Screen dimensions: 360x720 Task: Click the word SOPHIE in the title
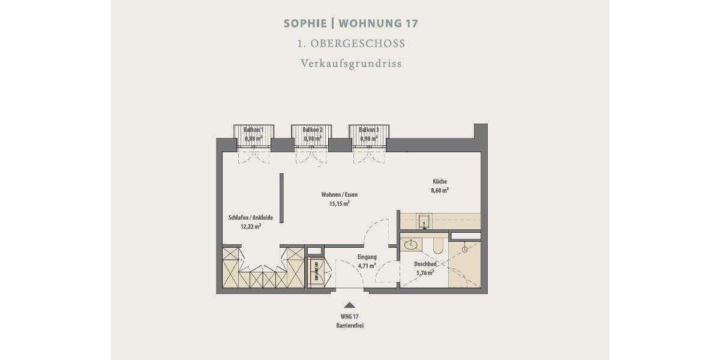(x=305, y=24)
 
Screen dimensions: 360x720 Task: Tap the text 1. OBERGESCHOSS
(x=351, y=44)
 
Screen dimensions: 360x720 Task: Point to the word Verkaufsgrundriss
(x=351, y=63)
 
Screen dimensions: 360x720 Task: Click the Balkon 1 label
(x=253, y=130)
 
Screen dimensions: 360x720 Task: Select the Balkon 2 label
(x=313, y=130)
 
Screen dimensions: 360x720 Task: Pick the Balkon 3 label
(x=369, y=130)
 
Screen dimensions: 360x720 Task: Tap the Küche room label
(x=440, y=181)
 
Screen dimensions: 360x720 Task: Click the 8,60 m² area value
(x=440, y=190)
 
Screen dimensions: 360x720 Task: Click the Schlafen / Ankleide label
(x=246, y=218)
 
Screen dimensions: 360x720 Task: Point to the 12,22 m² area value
(x=250, y=227)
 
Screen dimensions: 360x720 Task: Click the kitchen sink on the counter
(x=425, y=221)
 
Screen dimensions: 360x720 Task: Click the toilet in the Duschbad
(x=437, y=245)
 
